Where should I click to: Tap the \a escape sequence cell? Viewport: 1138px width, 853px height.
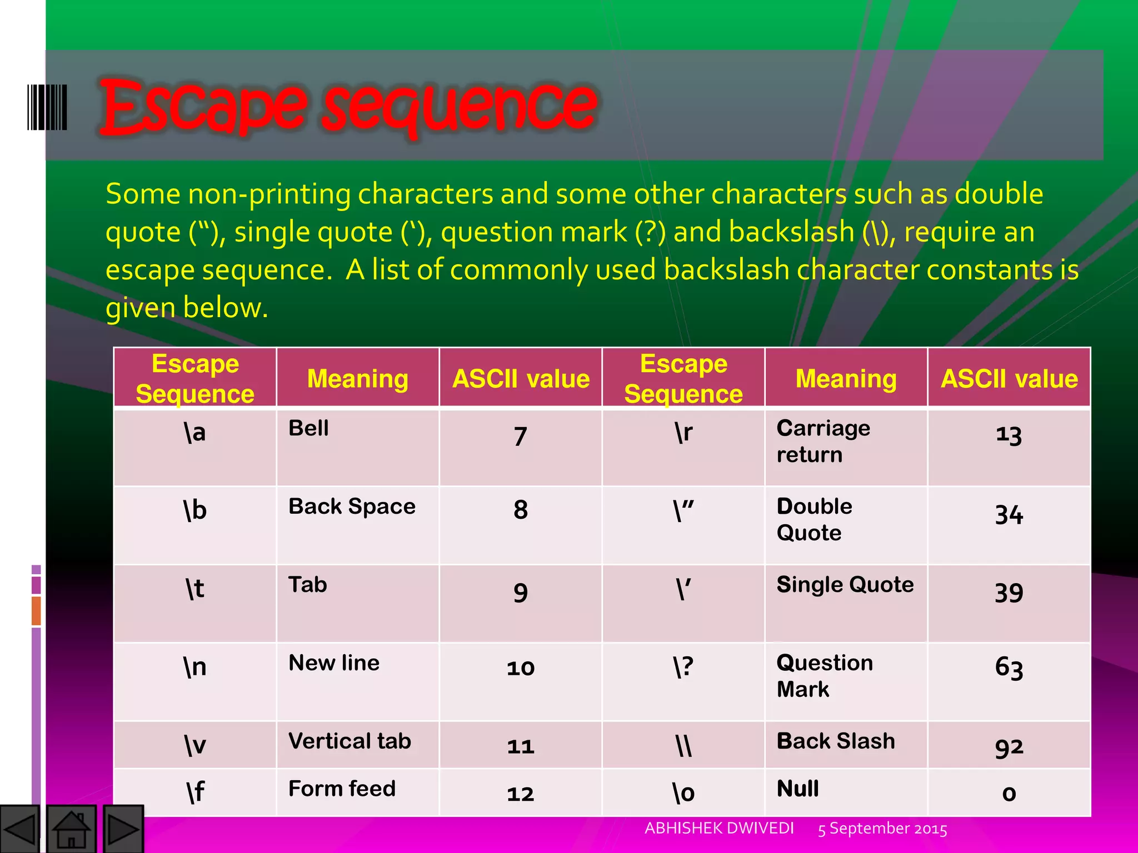pyautogui.click(x=195, y=433)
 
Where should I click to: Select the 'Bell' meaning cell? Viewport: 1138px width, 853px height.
pyautogui.click(x=309, y=429)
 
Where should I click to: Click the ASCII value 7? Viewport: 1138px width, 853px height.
pyautogui.click(x=520, y=436)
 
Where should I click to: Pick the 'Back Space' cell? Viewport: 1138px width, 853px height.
pyautogui.click(x=352, y=506)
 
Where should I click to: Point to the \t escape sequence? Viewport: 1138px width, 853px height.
pyautogui.click(x=195, y=589)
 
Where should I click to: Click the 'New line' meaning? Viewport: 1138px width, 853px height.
pyautogui.click(x=334, y=663)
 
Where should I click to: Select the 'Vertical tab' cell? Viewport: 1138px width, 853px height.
pyautogui.click(x=350, y=741)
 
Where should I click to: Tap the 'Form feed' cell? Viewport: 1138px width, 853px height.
pyautogui.click(x=342, y=789)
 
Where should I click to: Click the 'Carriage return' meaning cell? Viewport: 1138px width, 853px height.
pyautogui.click(x=823, y=441)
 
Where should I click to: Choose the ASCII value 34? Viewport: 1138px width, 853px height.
pyautogui.click(x=1009, y=515)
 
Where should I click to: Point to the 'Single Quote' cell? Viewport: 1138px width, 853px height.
pyautogui.click(x=845, y=585)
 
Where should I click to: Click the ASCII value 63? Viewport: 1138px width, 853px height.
pyautogui.click(x=1009, y=668)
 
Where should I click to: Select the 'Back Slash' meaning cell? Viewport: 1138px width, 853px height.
pyautogui.click(x=836, y=741)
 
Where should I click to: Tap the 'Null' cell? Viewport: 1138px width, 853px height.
pyautogui.click(x=797, y=789)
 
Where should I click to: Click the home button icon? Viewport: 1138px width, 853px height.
pyautogui.click(x=71, y=829)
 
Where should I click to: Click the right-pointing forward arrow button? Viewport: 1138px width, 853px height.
pyautogui.click(x=123, y=829)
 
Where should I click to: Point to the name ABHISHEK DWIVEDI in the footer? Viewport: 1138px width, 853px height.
pyautogui.click(x=719, y=829)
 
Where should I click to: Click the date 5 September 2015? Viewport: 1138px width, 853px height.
pyautogui.click(x=882, y=829)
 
